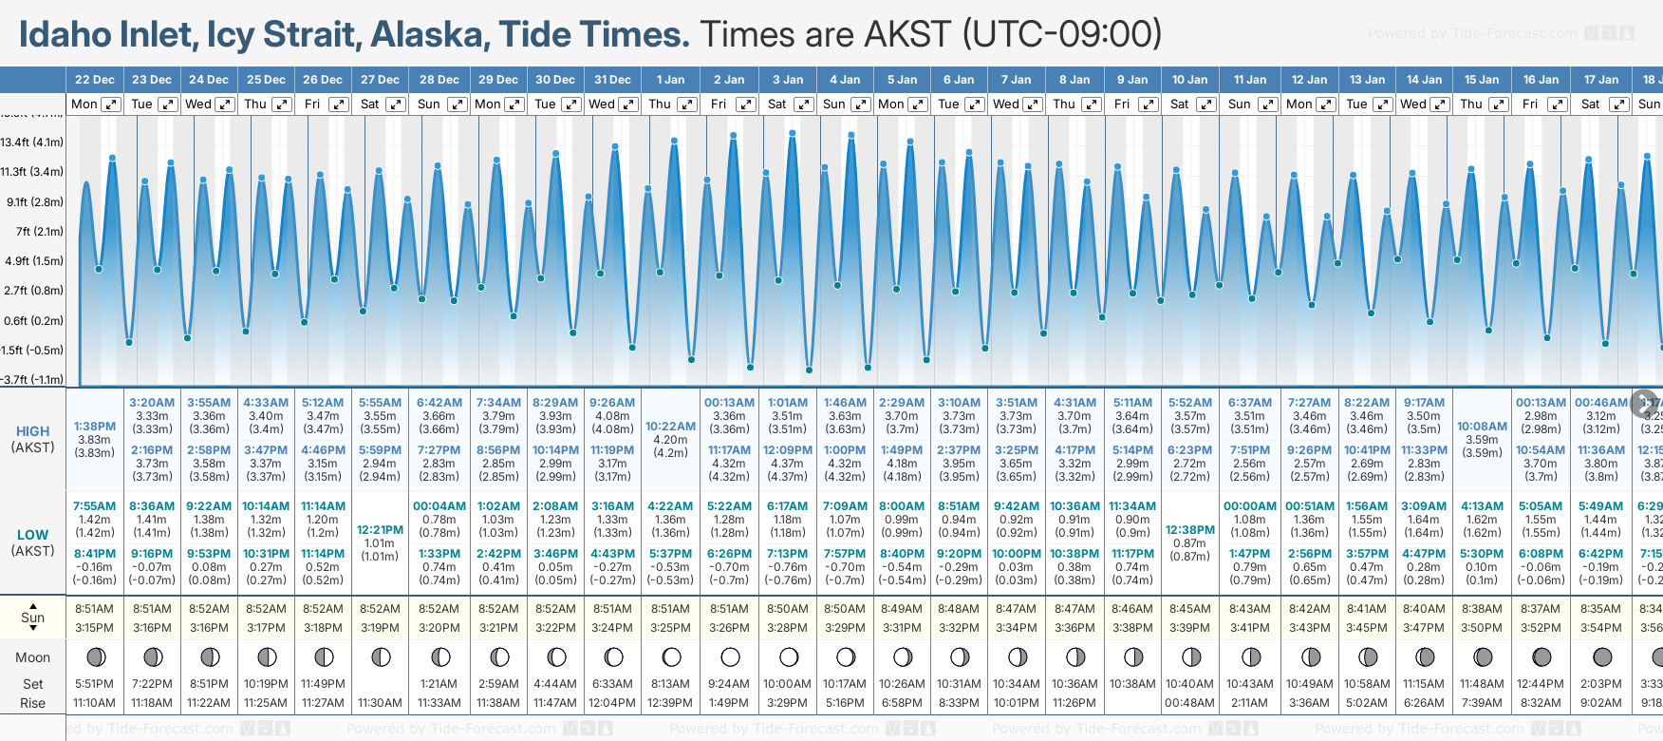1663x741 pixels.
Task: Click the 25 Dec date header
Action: pyautogui.click(x=266, y=80)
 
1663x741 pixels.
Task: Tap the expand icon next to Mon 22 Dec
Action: pyautogui.click(x=111, y=104)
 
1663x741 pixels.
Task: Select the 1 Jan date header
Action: pyautogui.click(x=670, y=80)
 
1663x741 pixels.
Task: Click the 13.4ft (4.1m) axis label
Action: pyautogui.click(x=32, y=142)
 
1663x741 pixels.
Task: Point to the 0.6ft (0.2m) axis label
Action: pyautogui.click(x=33, y=321)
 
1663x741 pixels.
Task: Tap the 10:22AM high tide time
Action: pyautogui.click(x=670, y=427)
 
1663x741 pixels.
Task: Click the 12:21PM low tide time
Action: pyautogui.click(x=380, y=530)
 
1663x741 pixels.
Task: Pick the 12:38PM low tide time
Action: pyautogui.click(x=1189, y=530)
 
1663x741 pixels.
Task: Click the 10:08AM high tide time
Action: pyautogui.click(x=1482, y=427)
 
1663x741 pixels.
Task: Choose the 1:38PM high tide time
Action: pyautogui.click(x=95, y=427)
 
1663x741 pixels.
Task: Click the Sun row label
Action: pyautogui.click(x=32, y=617)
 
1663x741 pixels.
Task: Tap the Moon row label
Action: pyautogui.click(x=32, y=657)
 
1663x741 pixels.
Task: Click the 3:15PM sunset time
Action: pyautogui.click(x=95, y=628)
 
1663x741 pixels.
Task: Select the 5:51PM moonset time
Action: pyautogui.click(x=95, y=684)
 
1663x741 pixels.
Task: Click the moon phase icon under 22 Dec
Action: pyautogui.click(x=95, y=656)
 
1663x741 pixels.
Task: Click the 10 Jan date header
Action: pyautogui.click(x=1189, y=80)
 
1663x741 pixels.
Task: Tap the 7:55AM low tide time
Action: pyautogui.click(x=95, y=506)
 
